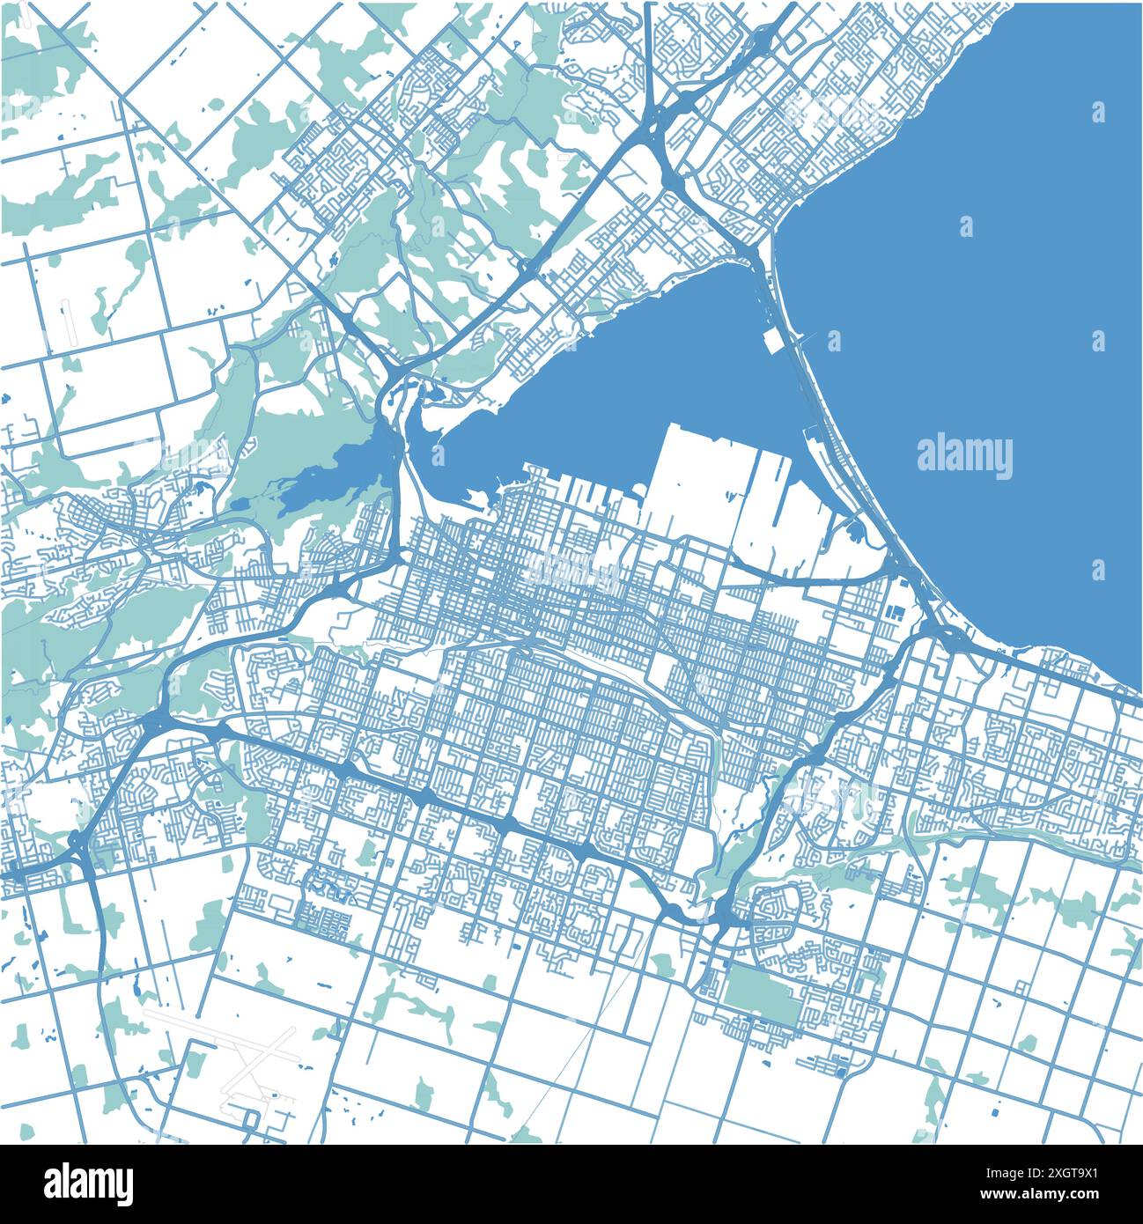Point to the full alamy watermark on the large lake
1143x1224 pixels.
(964, 456)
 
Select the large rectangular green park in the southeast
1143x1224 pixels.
(758, 995)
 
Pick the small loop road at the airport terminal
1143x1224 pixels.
(252, 1118)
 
